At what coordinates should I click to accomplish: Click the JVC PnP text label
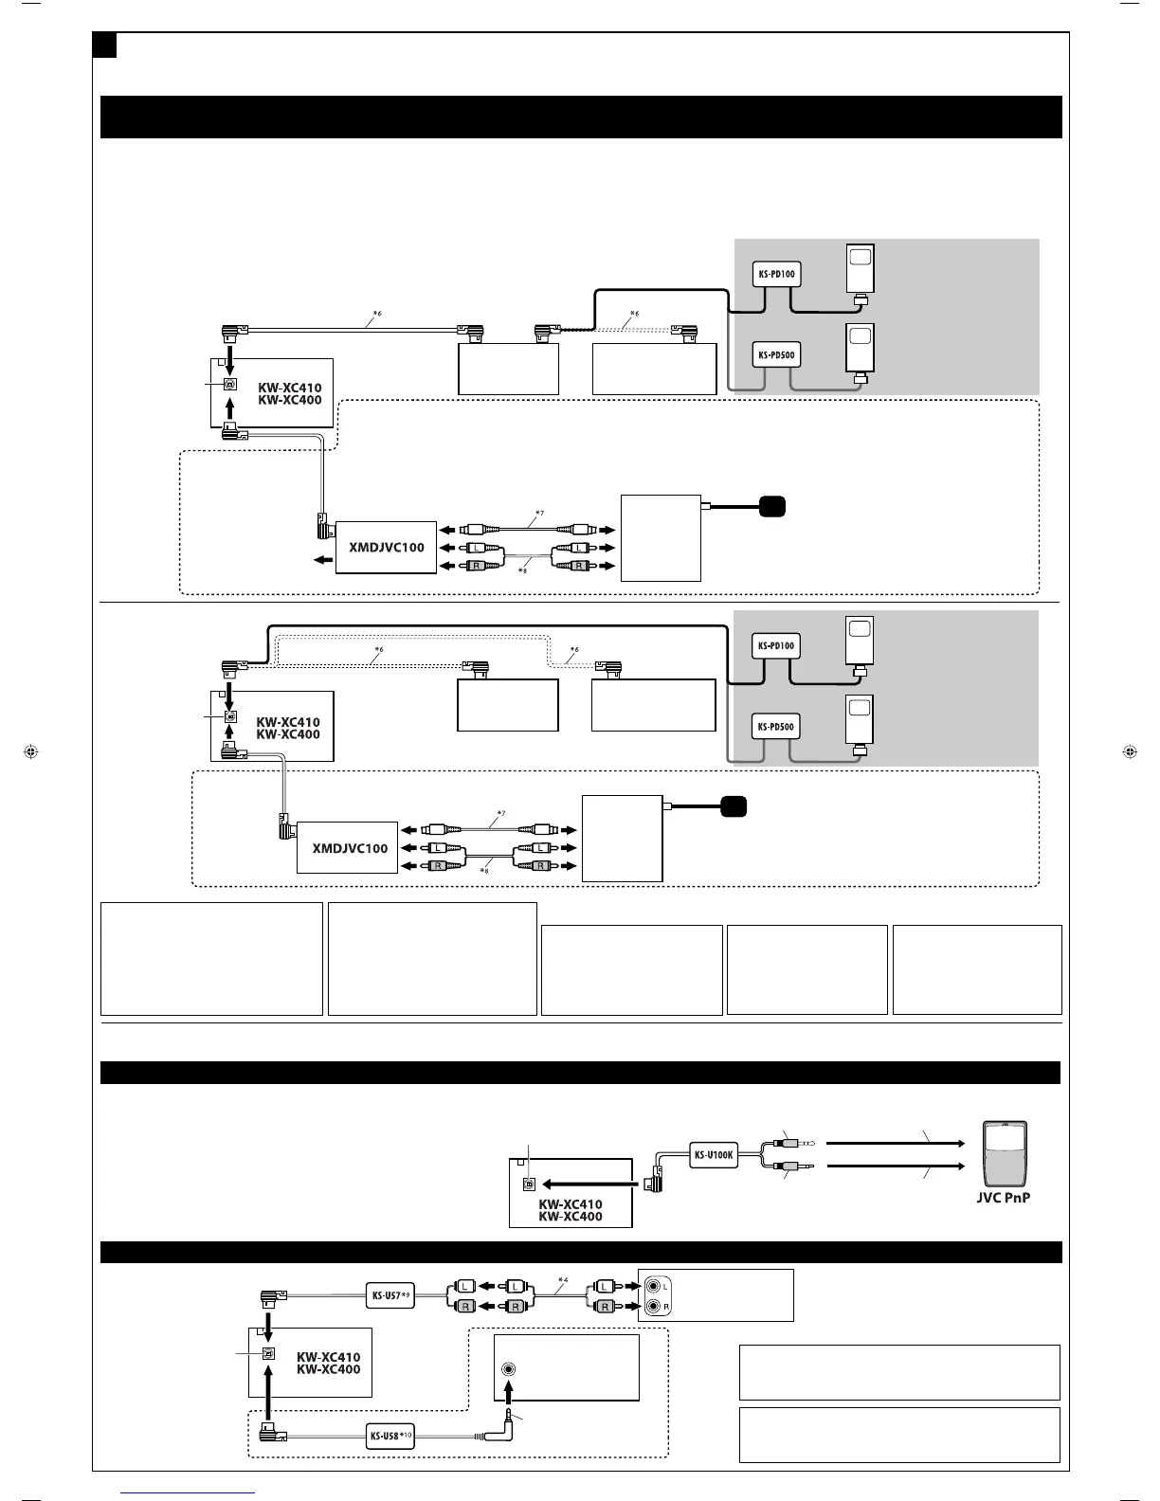coord(1003,1197)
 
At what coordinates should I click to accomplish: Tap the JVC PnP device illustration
coord(1006,1153)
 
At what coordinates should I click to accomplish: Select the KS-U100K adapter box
coord(714,1155)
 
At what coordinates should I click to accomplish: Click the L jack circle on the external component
coord(654,1286)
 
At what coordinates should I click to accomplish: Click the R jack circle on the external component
coord(654,1307)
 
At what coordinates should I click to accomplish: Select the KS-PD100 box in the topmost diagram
coord(776,275)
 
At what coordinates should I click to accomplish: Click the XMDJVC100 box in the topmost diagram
coord(387,547)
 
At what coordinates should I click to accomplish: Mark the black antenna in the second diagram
coord(734,807)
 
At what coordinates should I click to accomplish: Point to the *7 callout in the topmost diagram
coord(539,514)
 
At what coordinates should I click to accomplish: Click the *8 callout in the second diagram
coord(483,869)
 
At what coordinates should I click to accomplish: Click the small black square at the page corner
coord(104,44)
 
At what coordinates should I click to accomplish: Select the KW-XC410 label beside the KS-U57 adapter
coord(328,1357)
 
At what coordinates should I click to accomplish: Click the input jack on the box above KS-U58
coord(510,1369)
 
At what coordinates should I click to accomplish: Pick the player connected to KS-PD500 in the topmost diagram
coord(861,351)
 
